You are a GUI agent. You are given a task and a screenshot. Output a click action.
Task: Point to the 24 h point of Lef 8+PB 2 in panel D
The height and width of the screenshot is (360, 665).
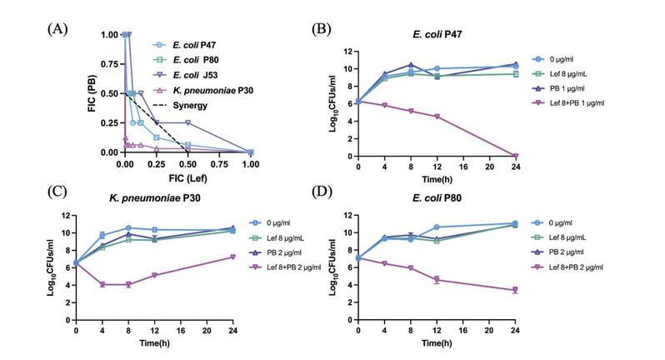pos(515,290)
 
